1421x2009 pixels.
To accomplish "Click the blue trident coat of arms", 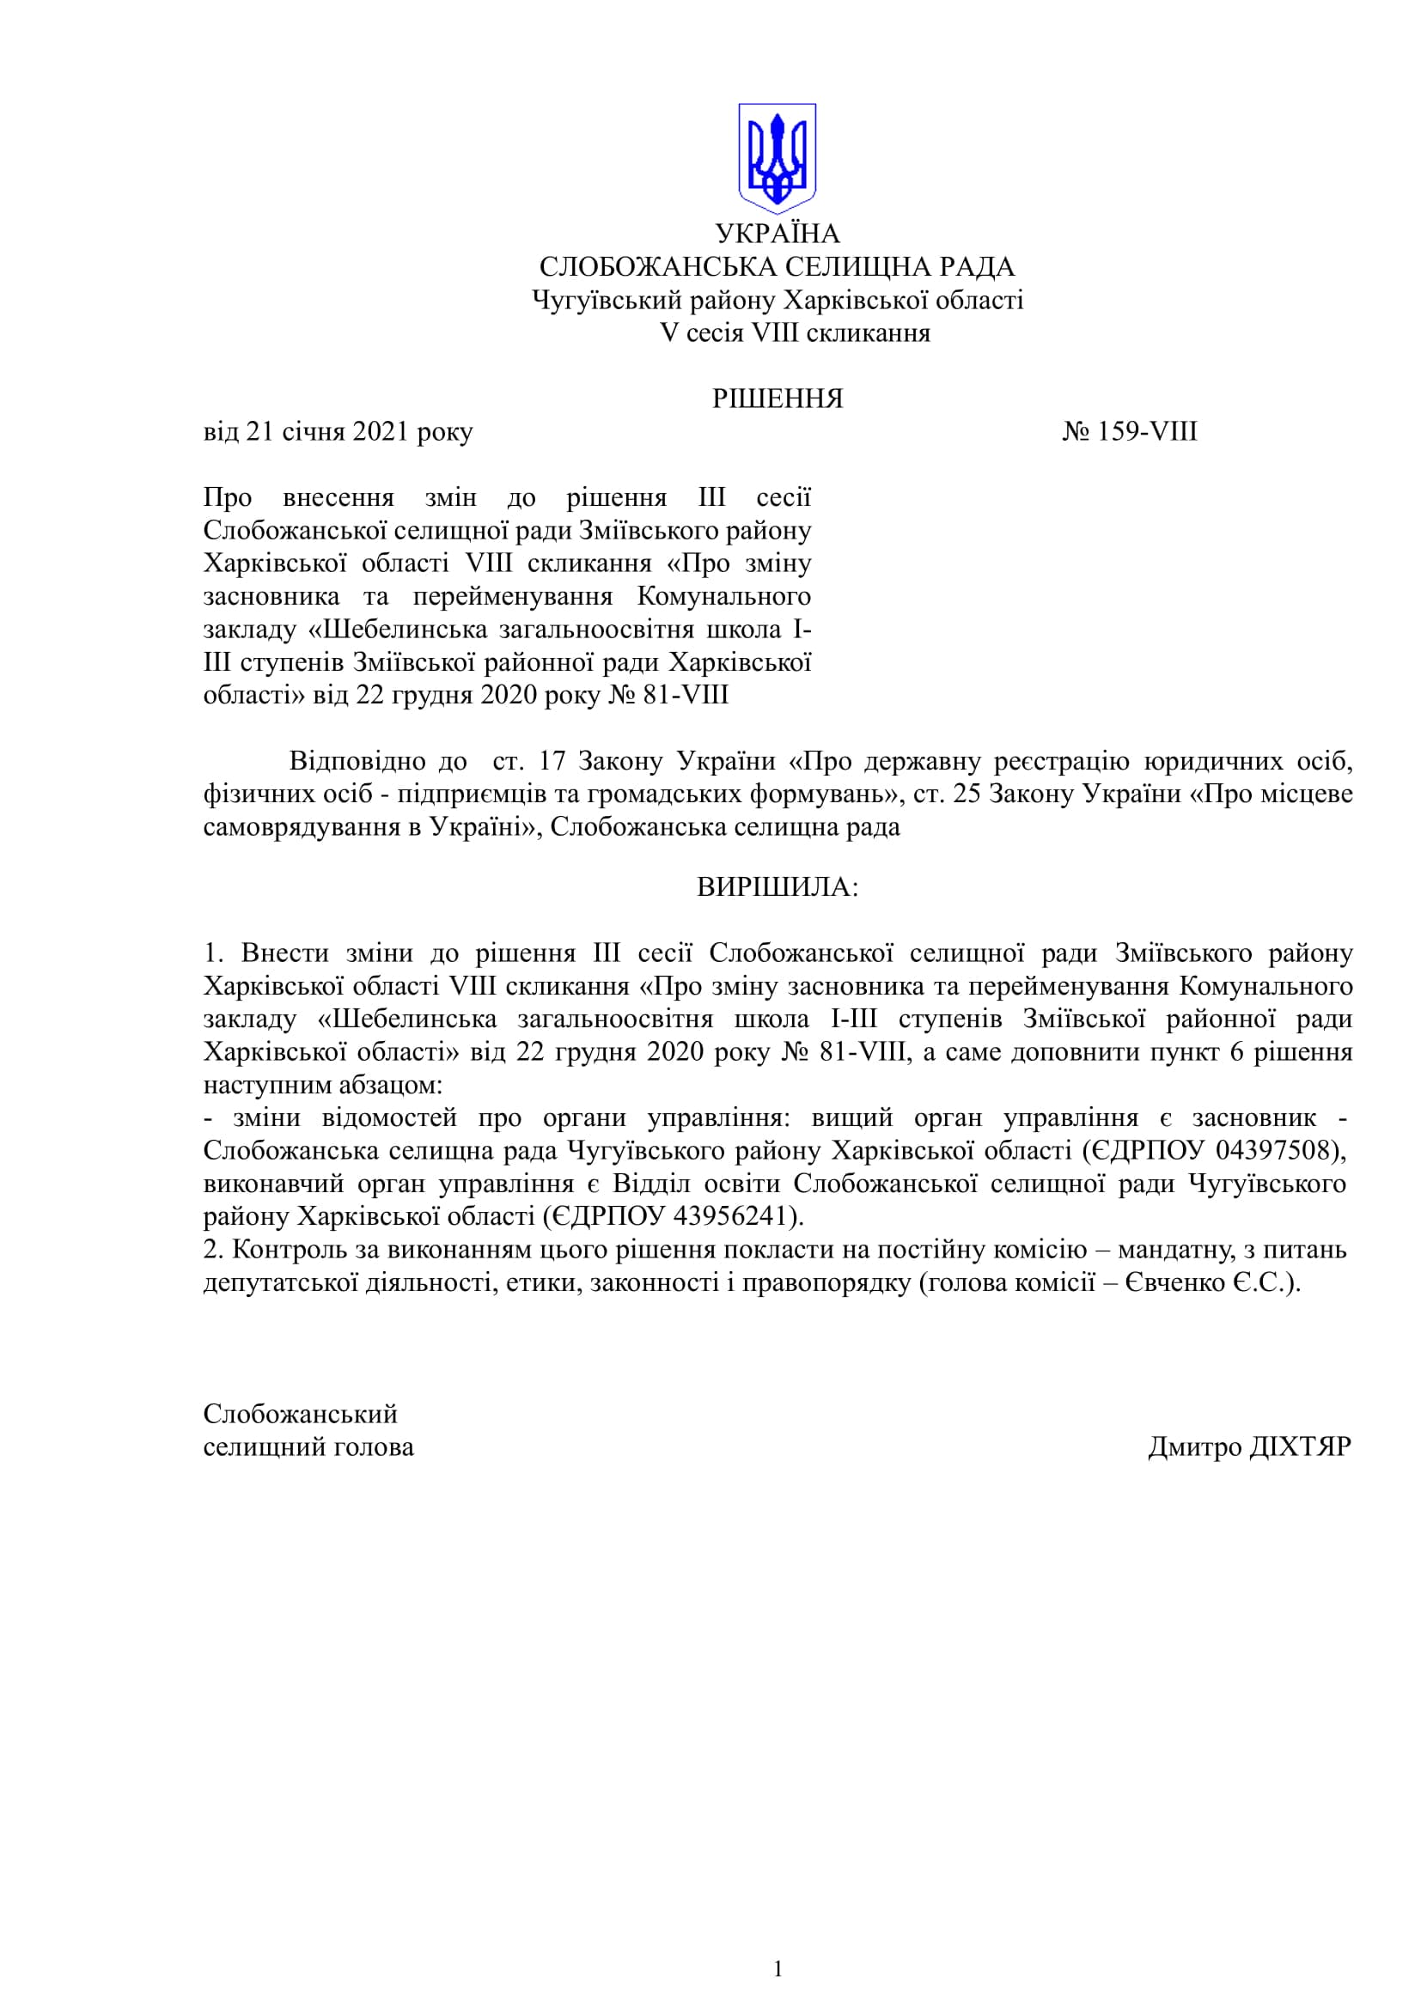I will (777, 157).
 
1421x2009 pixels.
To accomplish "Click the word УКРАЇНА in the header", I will (777, 234).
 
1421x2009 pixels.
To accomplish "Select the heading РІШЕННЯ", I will (777, 399).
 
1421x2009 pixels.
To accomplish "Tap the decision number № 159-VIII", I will (1130, 432).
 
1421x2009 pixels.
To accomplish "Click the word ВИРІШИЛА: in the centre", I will (777, 887).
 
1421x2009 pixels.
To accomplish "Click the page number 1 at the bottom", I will (778, 1969).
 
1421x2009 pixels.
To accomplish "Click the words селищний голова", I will (308, 1447).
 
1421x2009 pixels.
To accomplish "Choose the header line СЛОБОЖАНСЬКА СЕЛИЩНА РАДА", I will (777, 267).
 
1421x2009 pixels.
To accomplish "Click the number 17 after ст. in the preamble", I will (552, 761).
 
